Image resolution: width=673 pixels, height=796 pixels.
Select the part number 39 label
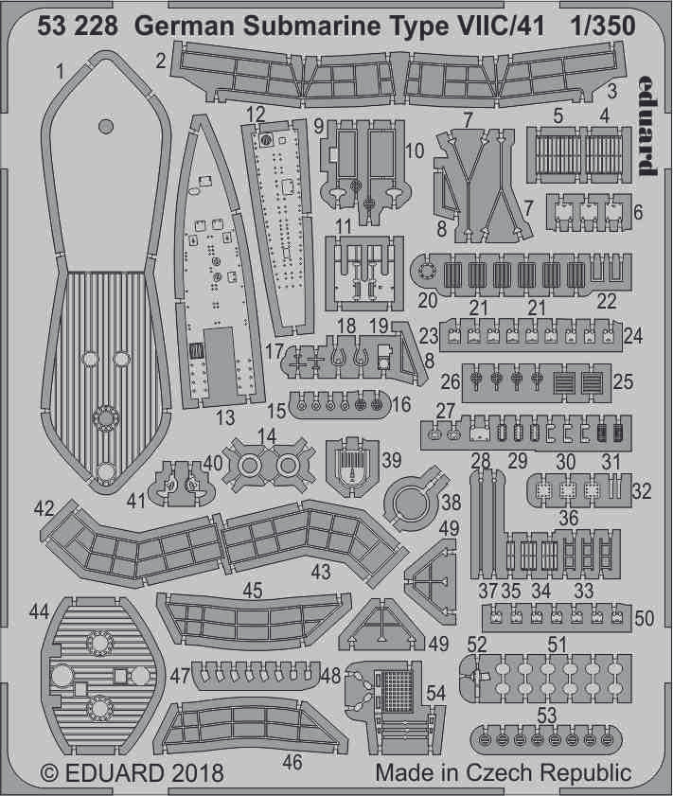pos(391,461)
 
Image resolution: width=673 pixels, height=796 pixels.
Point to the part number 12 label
pos(254,115)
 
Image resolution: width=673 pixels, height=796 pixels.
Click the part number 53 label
pos(545,713)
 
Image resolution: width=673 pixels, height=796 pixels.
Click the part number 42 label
pos(44,508)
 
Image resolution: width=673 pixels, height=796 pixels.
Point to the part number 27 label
pos(446,409)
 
